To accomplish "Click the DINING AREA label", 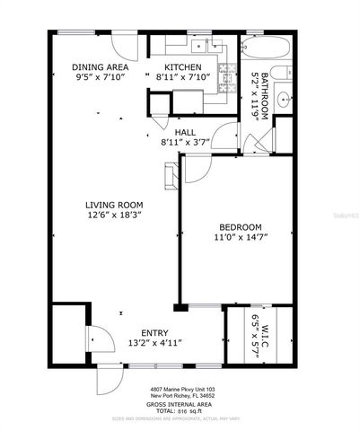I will [x=101, y=67].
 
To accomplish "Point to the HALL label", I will [x=185, y=132].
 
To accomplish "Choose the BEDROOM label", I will [x=241, y=227].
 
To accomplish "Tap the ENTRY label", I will [x=144, y=332].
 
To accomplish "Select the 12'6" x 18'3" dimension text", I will [x=112, y=215].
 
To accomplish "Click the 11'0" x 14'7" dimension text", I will [x=241, y=238].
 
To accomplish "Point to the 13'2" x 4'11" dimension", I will [x=144, y=342].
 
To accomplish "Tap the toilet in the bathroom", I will [x=280, y=73].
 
